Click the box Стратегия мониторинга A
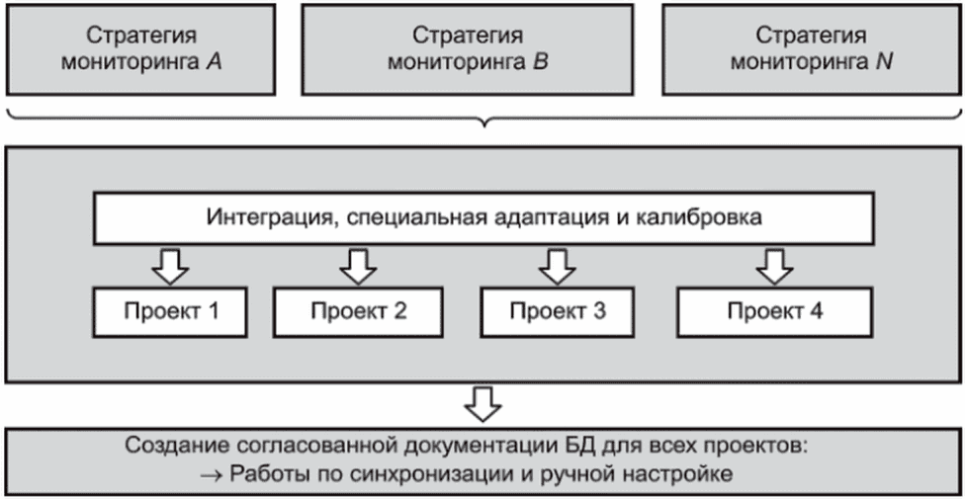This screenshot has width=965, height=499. (141, 49)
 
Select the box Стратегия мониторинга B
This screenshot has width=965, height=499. (467, 49)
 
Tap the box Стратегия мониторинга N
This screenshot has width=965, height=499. (810, 49)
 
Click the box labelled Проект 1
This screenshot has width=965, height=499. (171, 311)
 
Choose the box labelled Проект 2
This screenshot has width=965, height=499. (358, 311)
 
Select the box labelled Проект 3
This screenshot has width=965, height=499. (558, 311)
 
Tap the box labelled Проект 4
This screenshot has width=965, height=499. (774, 311)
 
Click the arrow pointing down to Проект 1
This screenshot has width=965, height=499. (170, 266)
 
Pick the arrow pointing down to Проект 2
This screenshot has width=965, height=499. (358, 266)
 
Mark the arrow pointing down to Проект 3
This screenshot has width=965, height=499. (557, 266)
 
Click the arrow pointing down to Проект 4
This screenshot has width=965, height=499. (774, 266)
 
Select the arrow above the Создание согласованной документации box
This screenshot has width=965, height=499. (483, 403)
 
